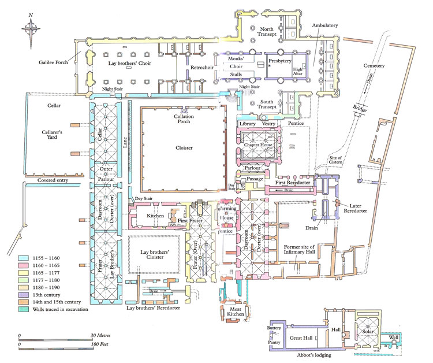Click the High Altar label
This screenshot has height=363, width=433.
(298, 69)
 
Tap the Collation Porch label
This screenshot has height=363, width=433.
(184, 118)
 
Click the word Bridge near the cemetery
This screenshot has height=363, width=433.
(359, 108)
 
